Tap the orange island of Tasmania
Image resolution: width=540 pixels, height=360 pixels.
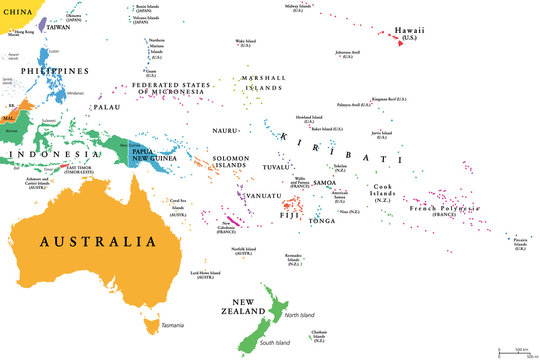tap(151, 325)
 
